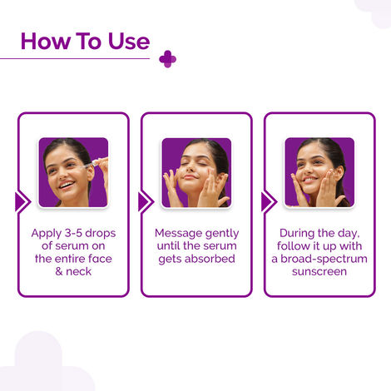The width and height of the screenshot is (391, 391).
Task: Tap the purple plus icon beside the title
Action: (168, 58)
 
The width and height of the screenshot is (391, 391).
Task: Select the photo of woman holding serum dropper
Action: (73, 172)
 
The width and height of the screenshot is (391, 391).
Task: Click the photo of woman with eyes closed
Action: (195, 172)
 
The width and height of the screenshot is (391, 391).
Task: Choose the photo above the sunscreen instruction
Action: (319, 172)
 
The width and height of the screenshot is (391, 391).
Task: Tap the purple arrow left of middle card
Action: (144, 202)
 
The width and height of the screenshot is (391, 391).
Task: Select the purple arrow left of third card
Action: (267, 202)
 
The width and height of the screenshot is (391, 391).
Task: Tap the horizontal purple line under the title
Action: (75, 58)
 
